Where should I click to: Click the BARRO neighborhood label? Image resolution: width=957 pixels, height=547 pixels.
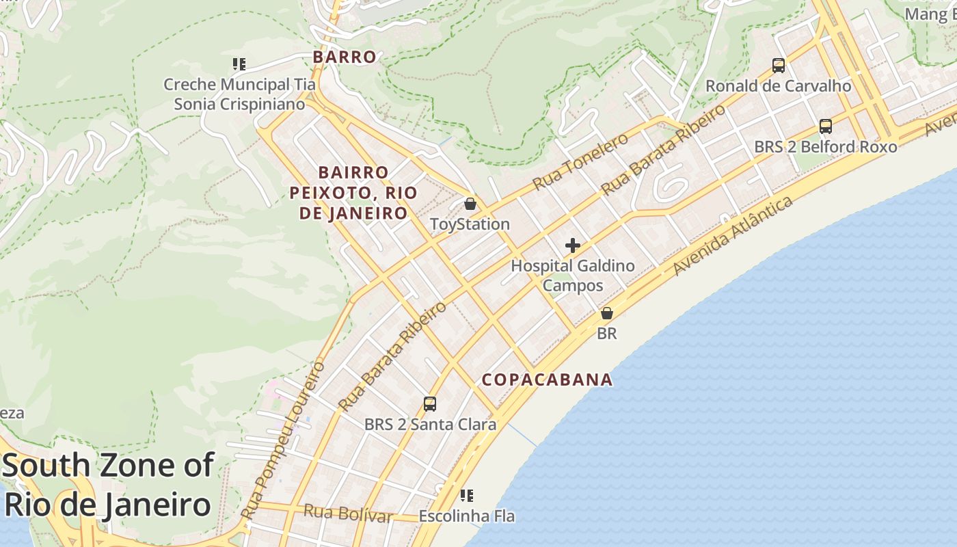(x=345, y=57)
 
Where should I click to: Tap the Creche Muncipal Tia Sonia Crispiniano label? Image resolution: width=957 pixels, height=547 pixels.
(x=239, y=94)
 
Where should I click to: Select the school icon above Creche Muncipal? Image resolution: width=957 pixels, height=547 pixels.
(x=239, y=64)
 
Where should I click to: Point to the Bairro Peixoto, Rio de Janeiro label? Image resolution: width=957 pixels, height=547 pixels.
(x=353, y=192)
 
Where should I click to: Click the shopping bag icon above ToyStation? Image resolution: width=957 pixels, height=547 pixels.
(x=470, y=204)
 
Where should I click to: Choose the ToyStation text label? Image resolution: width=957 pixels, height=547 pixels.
(x=470, y=224)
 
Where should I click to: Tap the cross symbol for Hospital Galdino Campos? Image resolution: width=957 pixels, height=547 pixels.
(x=573, y=245)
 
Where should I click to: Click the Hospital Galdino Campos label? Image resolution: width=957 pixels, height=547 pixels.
(x=573, y=276)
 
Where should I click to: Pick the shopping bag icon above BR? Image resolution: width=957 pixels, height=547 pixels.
(x=606, y=313)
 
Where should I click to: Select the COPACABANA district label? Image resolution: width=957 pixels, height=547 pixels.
(x=547, y=380)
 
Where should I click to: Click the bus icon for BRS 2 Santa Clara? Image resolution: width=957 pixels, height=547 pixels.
(x=430, y=404)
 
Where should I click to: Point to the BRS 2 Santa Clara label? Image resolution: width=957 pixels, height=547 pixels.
(x=430, y=425)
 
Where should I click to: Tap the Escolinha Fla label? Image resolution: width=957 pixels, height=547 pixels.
(x=467, y=516)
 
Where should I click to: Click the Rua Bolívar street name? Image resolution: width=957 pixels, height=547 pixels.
(x=348, y=513)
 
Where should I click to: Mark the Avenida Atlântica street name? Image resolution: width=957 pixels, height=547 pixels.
(x=733, y=236)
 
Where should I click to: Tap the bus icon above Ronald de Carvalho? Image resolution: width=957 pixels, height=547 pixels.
(x=778, y=66)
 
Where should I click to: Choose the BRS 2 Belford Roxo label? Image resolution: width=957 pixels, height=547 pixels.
(x=825, y=147)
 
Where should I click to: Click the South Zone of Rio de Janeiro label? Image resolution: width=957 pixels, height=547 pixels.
(x=107, y=485)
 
